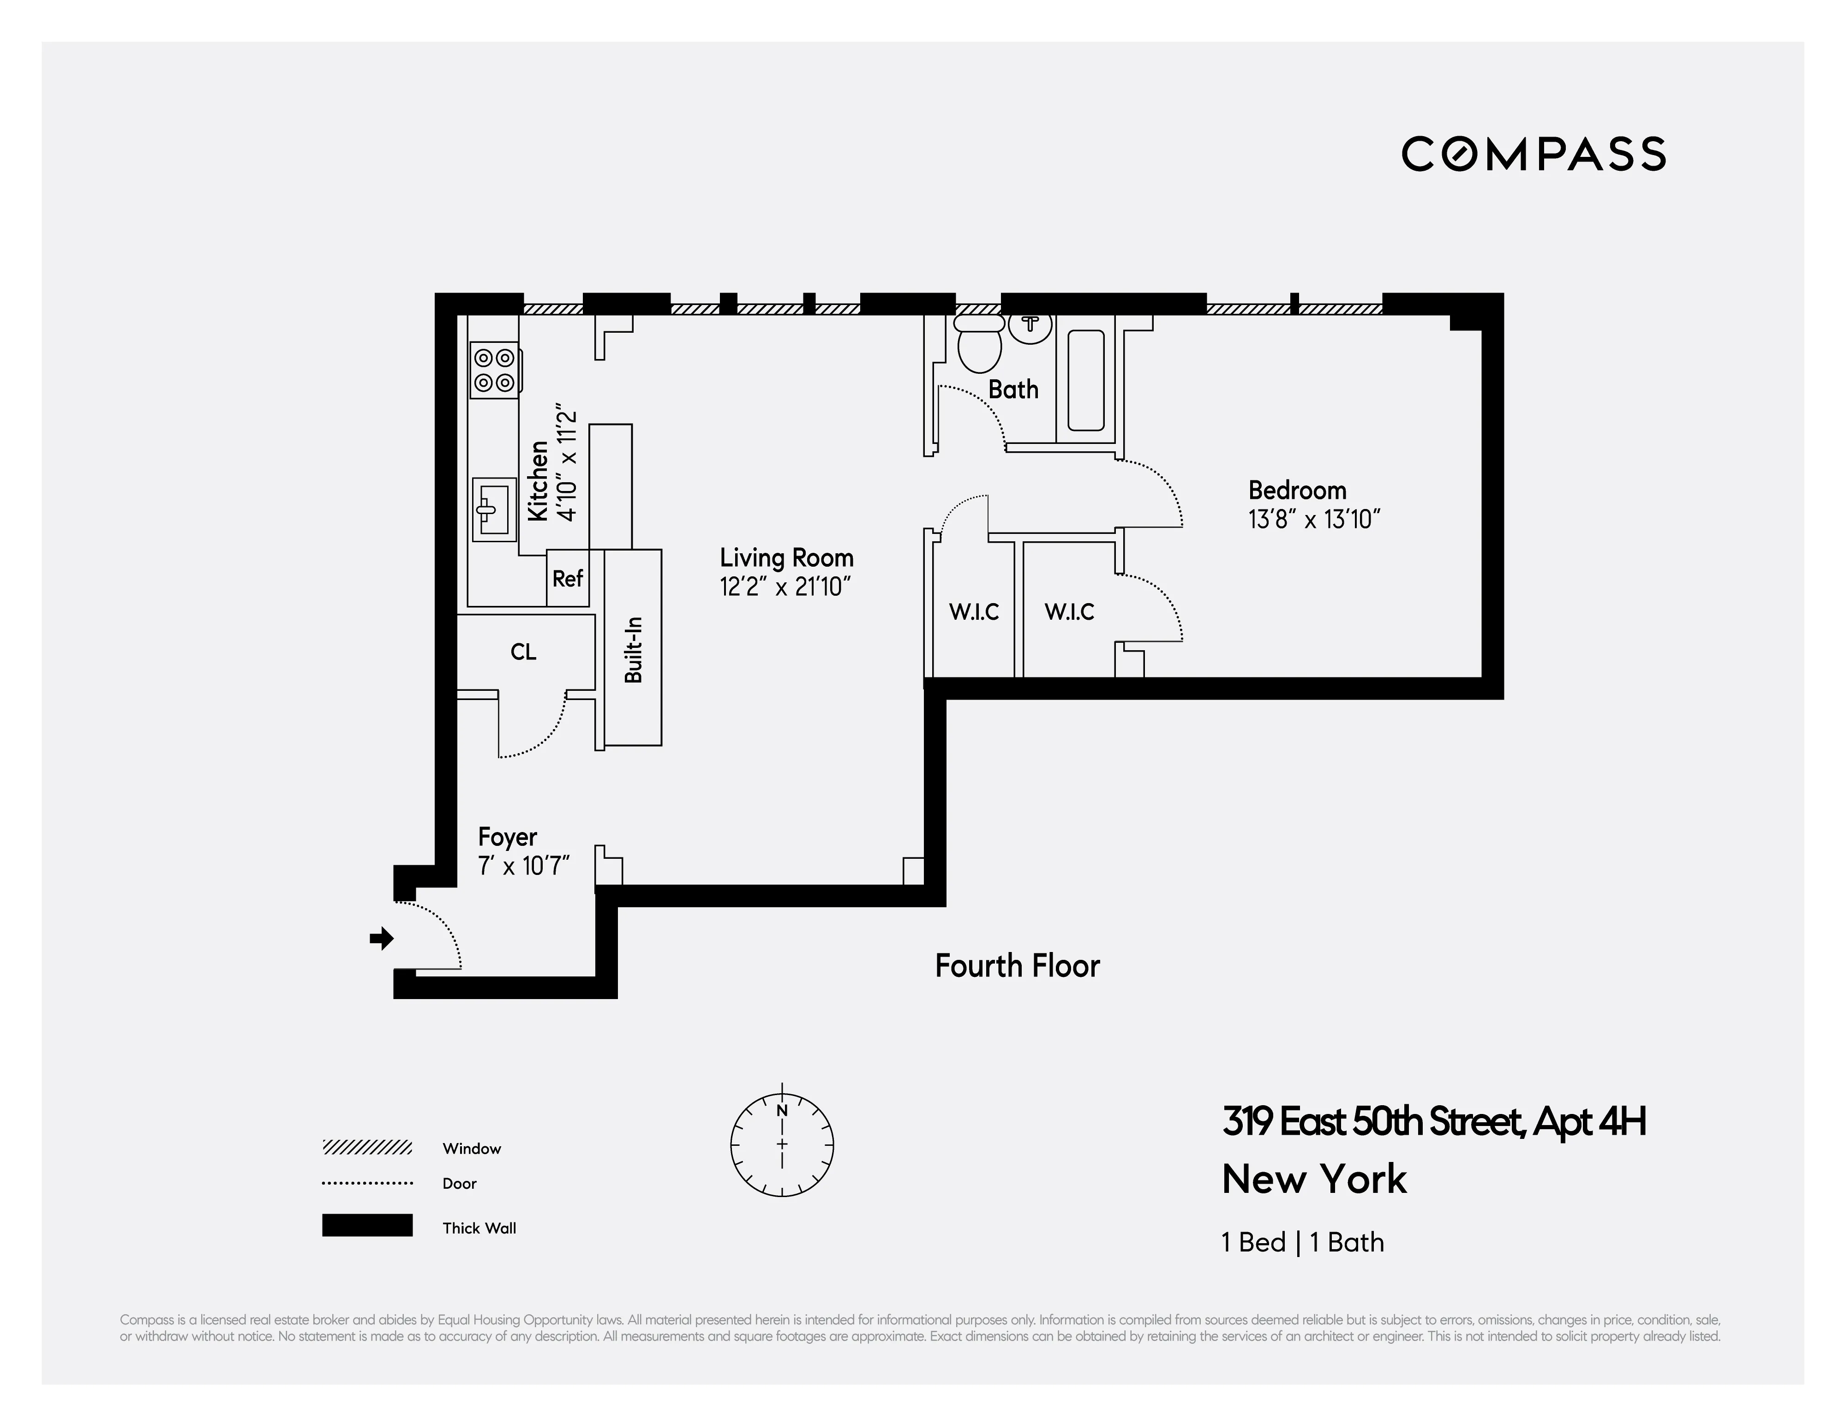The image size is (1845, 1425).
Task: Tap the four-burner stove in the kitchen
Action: [494, 370]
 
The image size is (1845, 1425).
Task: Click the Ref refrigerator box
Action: [568, 579]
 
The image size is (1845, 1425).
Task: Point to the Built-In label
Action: [634, 650]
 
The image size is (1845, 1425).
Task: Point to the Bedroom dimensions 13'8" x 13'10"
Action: [1314, 519]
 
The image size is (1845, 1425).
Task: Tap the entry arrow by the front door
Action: [382, 938]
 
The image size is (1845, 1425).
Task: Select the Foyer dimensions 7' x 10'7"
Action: [524, 866]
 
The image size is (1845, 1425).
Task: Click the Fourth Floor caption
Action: [1017, 965]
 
